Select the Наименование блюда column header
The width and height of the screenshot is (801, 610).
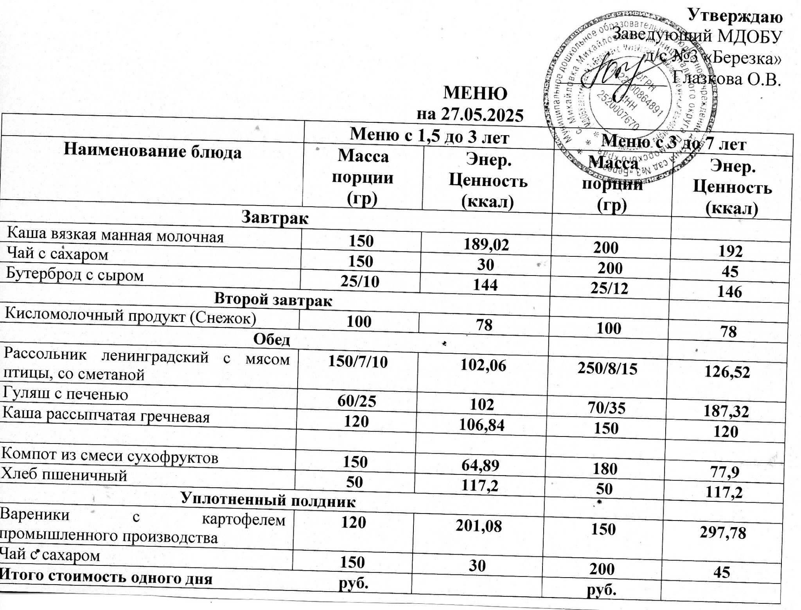(x=153, y=151)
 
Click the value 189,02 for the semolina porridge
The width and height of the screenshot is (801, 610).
(x=486, y=244)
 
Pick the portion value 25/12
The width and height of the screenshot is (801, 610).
(x=611, y=288)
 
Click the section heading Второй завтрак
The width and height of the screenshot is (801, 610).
(x=273, y=300)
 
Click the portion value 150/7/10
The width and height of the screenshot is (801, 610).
(x=358, y=362)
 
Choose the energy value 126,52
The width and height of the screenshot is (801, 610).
(x=727, y=372)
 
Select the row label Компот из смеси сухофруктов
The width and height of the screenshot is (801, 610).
(x=110, y=456)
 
